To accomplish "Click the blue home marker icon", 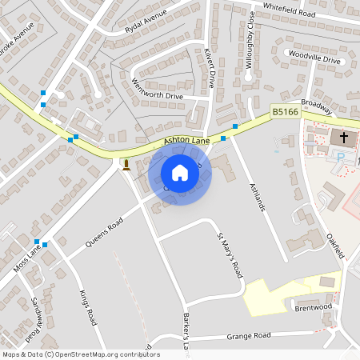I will pyautogui.click(x=180, y=173).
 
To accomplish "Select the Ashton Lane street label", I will pyautogui.click(x=186, y=140).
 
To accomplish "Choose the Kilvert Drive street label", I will pyautogui.click(x=210, y=67).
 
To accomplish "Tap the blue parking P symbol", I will pyautogui.click(x=339, y=158).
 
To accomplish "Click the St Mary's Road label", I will pyautogui.click(x=230, y=255).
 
